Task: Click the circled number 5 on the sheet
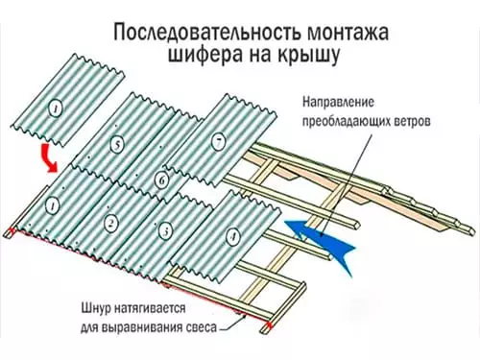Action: coord(116,146)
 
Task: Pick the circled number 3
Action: coord(166,230)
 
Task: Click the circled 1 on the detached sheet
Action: coord(56,110)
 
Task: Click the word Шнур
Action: coord(99,310)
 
